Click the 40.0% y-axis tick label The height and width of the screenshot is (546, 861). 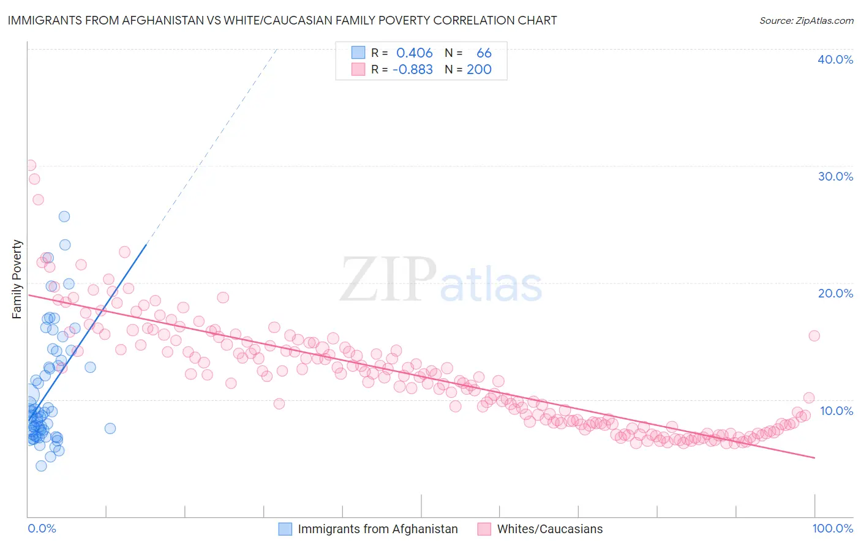(x=835, y=59)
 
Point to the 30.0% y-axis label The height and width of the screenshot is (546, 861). (x=835, y=176)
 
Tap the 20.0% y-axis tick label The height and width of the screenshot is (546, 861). (x=835, y=293)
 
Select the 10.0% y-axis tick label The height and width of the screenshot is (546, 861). (x=836, y=411)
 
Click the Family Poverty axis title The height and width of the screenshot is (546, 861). (x=17, y=279)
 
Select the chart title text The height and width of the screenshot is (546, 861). (x=282, y=20)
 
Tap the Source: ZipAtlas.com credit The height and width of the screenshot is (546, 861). (x=806, y=21)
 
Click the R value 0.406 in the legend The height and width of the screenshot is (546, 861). (x=414, y=53)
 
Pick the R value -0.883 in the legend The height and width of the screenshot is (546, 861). (x=412, y=70)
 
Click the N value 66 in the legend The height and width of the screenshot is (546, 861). (x=484, y=53)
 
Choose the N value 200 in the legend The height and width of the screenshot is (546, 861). (x=479, y=70)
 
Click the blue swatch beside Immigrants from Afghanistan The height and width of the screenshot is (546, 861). (x=285, y=529)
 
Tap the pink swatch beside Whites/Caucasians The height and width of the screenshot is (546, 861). (x=484, y=529)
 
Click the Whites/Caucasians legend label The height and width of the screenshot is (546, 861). (x=549, y=529)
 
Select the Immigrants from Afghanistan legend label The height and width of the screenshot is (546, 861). (x=377, y=529)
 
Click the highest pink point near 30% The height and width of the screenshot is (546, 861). (x=30, y=165)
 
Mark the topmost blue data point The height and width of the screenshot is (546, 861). (x=64, y=217)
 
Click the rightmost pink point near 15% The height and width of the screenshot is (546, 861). (x=814, y=335)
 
